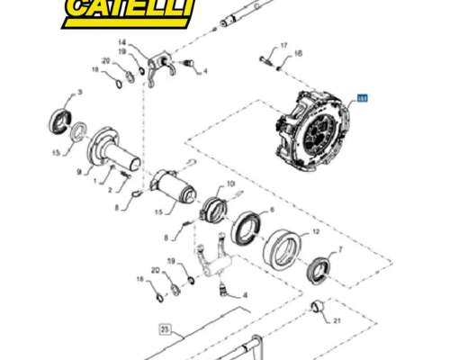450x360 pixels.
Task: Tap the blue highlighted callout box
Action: [x=363, y=100]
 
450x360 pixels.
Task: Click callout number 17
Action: [x=283, y=45]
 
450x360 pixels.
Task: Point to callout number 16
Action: [x=299, y=54]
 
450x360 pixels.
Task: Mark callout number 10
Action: [x=230, y=184]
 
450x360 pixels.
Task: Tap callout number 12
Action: [x=315, y=231]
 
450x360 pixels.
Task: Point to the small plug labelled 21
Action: [x=316, y=308]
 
